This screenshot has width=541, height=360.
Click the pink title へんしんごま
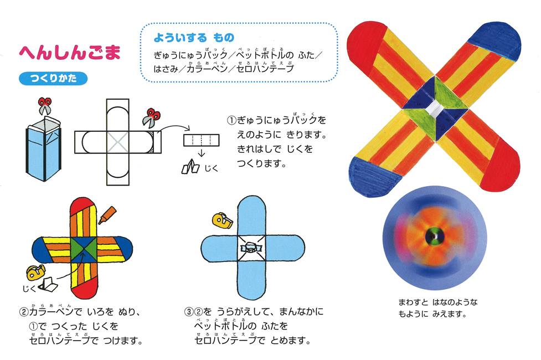click(x=70, y=53)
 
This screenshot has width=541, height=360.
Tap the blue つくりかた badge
click(x=53, y=78)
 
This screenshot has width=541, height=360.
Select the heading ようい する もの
click(x=194, y=37)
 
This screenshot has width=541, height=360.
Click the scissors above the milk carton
click(x=44, y=105)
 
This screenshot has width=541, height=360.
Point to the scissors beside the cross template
click(x=152, y=118)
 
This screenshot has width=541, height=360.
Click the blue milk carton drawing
click(x=44, y=149)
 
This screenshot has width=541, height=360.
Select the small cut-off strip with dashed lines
click(x=201, y=141)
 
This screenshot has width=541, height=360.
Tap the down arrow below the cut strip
click(x=202, y=152)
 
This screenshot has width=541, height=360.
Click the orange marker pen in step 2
click(x=107, y=215)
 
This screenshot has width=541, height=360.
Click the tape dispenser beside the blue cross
click(x=222, y=221)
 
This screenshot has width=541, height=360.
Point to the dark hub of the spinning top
click(x=434, y=236)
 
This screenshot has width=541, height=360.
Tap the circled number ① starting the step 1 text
click(x=231, y=120)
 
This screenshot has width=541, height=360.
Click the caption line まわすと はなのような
click(x=438, y=302)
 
